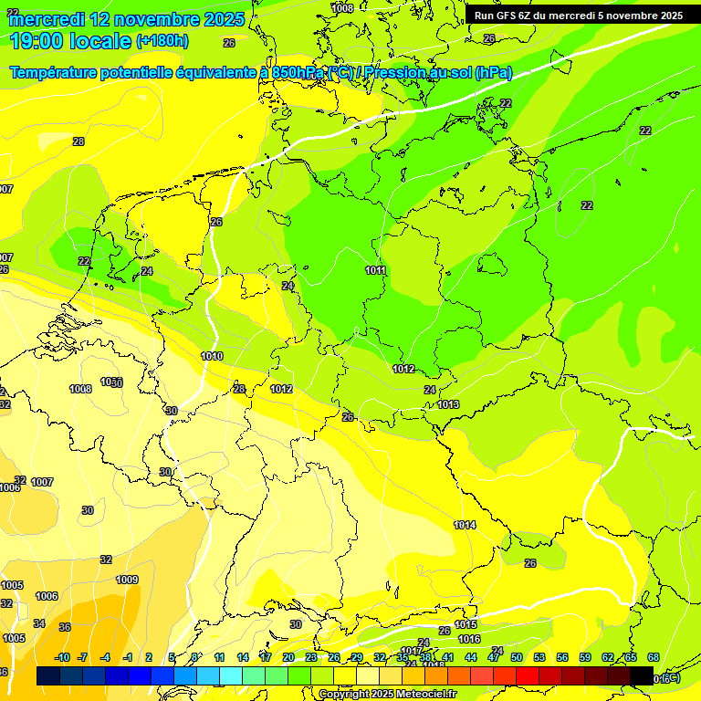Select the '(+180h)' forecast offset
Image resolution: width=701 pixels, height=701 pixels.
[162, 41]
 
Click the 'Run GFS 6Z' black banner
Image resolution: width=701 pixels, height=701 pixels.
[579, 16]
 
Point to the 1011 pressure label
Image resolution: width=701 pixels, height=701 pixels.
[376, 271]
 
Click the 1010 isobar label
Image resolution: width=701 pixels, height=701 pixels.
[212, 357]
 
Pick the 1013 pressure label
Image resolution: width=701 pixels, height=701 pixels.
[448, 404]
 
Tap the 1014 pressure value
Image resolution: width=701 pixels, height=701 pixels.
[465, 525]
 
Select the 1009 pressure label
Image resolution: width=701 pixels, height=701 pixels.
[127, 580]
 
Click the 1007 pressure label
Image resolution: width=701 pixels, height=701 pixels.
[42, 482]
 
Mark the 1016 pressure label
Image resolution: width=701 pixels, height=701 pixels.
[469, 639]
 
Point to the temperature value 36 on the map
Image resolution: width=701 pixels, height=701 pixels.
[65, 627]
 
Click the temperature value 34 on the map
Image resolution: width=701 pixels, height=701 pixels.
[39, 623]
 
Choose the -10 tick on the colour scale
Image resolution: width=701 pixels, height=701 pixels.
[62, 657]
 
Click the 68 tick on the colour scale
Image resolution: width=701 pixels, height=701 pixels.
[654, 657]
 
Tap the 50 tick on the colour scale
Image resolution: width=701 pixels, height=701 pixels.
[517, 657]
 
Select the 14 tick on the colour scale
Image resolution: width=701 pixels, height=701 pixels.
[243, 657]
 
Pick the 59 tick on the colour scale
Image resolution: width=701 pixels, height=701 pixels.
[585, 657]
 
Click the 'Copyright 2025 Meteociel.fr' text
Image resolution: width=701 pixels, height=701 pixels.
[387, 694]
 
